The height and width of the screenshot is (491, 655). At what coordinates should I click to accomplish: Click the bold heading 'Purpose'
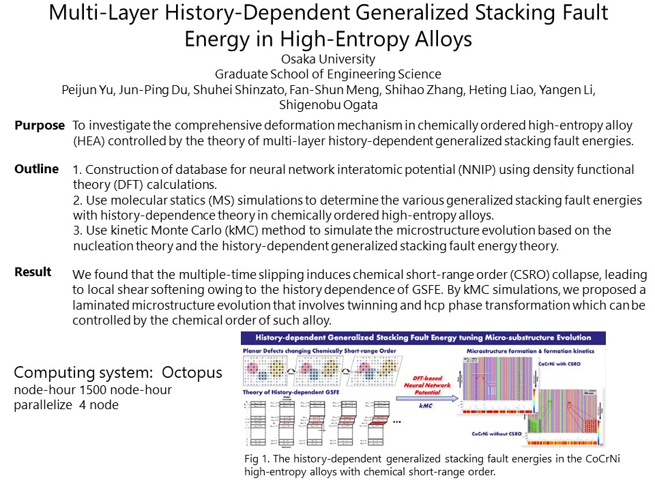[x=40, y=125]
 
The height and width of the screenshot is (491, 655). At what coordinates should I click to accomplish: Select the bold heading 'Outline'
[x=37, y=168]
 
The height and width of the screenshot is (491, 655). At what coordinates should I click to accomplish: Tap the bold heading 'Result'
[x=33, y=271]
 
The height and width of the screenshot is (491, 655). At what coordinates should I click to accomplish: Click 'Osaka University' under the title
[x=327, y=59]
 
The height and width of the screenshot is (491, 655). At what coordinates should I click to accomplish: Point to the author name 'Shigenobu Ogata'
[x=327, y=105]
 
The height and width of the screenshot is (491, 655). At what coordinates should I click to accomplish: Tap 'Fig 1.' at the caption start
[x=255, y=458]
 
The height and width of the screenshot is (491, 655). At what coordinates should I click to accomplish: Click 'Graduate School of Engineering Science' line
[x=327, y=74]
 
